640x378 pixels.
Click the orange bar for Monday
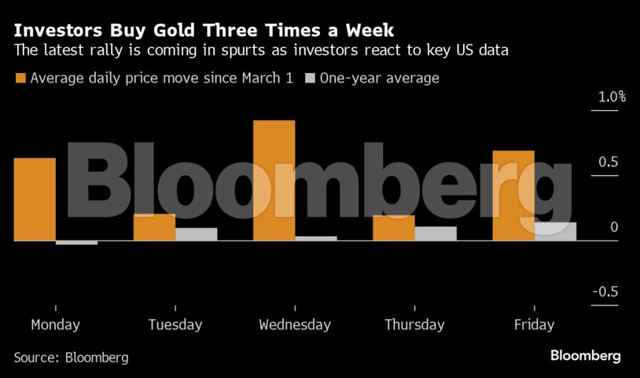[35, 199]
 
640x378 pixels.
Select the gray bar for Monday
[76, 243]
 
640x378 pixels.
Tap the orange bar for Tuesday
[154, 227]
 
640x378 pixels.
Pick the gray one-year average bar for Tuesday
[196, 234]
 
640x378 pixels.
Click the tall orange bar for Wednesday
[274, 180]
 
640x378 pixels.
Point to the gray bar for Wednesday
[315, 238]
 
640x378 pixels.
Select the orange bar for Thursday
[393, 228]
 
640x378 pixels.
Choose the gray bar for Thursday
[435, 233]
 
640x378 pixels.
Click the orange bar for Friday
[513, 195]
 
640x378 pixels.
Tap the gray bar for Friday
[555, 231]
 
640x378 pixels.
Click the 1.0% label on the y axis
[610, 97]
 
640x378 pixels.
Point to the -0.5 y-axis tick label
[605, 292]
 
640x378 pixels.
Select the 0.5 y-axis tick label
[609, 163]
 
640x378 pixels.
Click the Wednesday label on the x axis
[295, 325]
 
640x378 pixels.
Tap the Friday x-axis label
[534, 325]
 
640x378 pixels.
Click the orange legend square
[20, 78]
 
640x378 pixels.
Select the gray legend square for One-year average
[310, 78]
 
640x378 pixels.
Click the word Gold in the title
[185, 31]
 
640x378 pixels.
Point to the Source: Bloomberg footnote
[71, 358]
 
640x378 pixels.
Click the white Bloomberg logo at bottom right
[585, 356]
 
